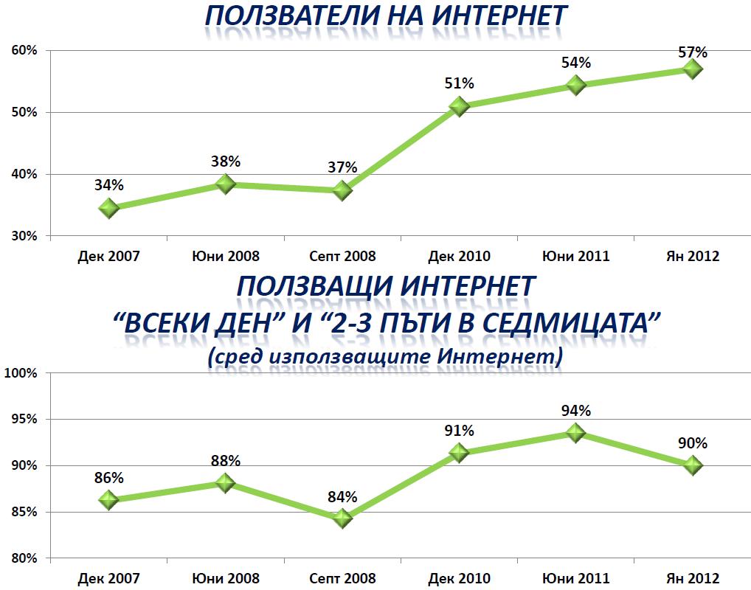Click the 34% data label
pyautogui.click(x=108, y=185)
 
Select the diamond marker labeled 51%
pyautogui.click(x=459, y=106)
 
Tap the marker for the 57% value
pyautogui.click(x=692, y=69)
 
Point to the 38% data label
pyautogui.click(x=226, y=162)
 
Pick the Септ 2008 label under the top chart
pyautogui.click(x=342, y=257)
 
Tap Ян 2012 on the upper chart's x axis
pyautogui.click(x=691, y=257)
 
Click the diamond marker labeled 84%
pyautogui.click(x=342, y=518)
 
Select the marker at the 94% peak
pyautogui.click(x=575, y=432)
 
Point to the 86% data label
pyautogui.click(x=108, y=477)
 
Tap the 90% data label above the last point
pyautogui.click(x=692, y=443)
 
